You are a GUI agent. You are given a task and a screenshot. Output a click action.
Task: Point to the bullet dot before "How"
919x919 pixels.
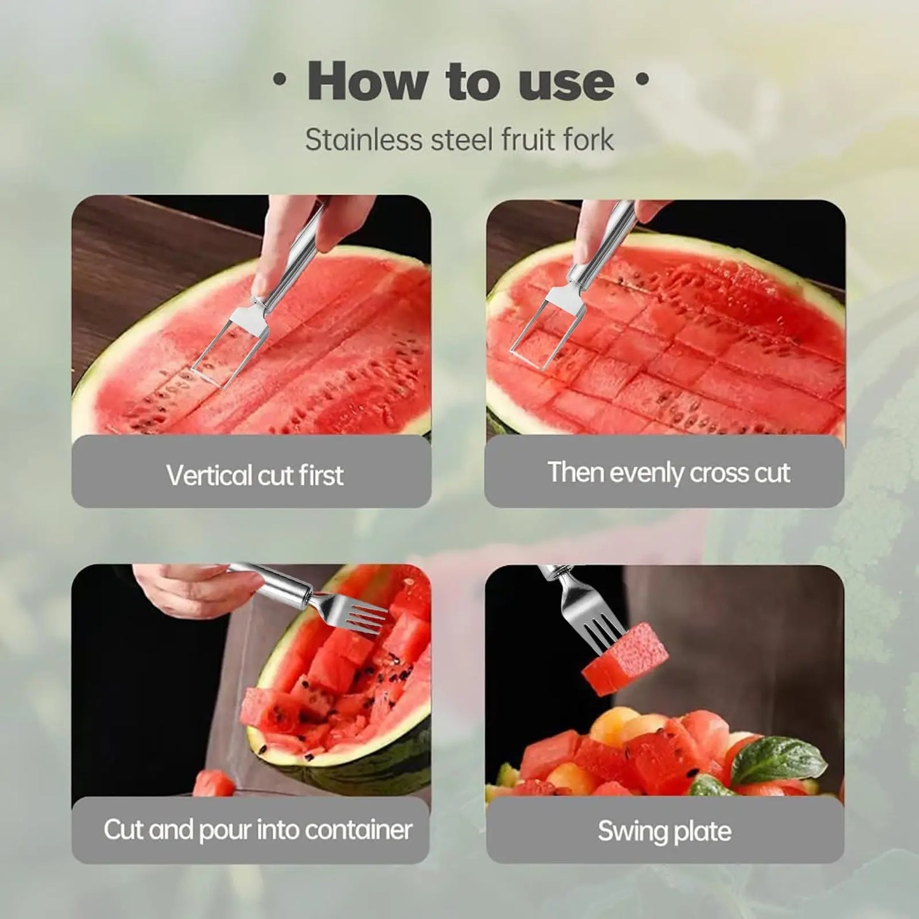pos(278,80)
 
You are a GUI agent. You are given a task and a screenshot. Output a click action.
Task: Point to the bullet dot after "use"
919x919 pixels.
pos(642,79)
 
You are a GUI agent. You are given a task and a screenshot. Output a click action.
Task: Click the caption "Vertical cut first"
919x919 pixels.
pos(254,475)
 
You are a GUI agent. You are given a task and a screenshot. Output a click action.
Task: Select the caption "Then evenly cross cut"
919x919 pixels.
pos(668,473)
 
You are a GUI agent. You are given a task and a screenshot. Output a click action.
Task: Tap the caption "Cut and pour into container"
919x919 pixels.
pos(258,829)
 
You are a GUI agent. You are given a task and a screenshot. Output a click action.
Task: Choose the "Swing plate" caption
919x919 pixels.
pos(665,831)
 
